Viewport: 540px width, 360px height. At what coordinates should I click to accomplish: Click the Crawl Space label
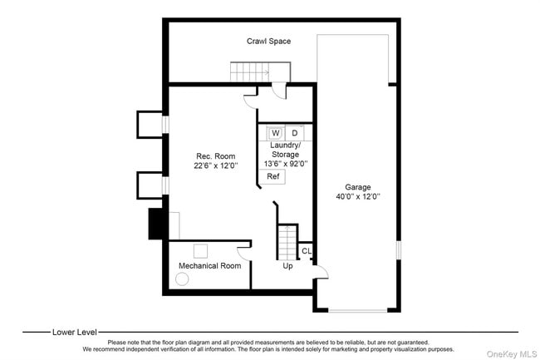click(x=268, y=41)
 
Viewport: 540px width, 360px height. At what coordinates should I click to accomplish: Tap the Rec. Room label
click(x=215, y=156)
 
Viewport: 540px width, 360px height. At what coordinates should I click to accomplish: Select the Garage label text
click(x=358, y=187)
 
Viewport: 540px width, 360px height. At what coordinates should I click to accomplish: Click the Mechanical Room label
click(x=209, y=266)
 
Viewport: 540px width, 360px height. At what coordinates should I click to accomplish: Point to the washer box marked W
click(x=275, y=133)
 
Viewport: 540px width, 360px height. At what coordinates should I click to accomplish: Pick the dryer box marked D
click(x=294, y=133)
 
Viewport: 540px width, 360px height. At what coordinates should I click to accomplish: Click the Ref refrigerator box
click(x=272, y=176)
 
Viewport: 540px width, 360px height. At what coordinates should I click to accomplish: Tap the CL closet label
click(x=307, y=251)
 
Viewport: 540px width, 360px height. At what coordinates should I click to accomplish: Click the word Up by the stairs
click(x=287, y=266)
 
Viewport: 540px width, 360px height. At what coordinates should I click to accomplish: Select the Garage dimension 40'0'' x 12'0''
click(x=358, y=197)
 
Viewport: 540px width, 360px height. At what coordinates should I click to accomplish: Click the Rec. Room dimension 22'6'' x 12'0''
click(x=215, y=166)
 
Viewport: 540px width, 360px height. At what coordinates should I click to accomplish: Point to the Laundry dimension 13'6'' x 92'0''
click(x=285, y=164)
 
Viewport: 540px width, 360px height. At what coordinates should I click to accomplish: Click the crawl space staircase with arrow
click(x=249, y=73)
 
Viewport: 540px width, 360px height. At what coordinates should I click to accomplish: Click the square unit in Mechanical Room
click(x=201, y=250)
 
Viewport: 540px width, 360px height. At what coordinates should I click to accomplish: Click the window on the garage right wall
click(x=398, y=249)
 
